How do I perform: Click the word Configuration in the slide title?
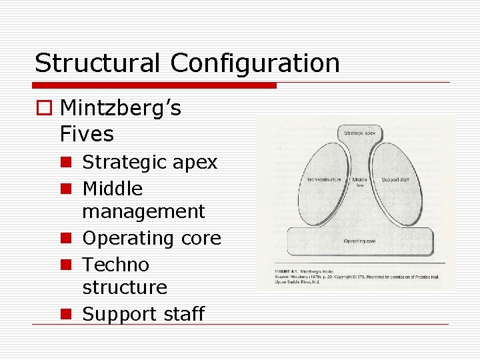(x=255, y=63)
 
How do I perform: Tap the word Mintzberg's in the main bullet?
(x=120, y=108)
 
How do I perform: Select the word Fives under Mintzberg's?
(x=87, y=134)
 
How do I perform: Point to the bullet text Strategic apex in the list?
(x=150, y=163)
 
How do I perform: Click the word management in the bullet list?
(x=143, y=212)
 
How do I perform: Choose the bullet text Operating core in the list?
(x=151, y=238)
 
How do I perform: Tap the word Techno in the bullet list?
(x=115, y=265)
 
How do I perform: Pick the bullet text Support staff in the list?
(x=143, y=314)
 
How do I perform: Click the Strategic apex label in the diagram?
(x=359, y=133)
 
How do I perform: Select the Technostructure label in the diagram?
(x=324, y=180)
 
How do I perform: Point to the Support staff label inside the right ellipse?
(x=395, y=180)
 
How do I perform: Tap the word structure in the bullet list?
(x=125, y=287)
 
